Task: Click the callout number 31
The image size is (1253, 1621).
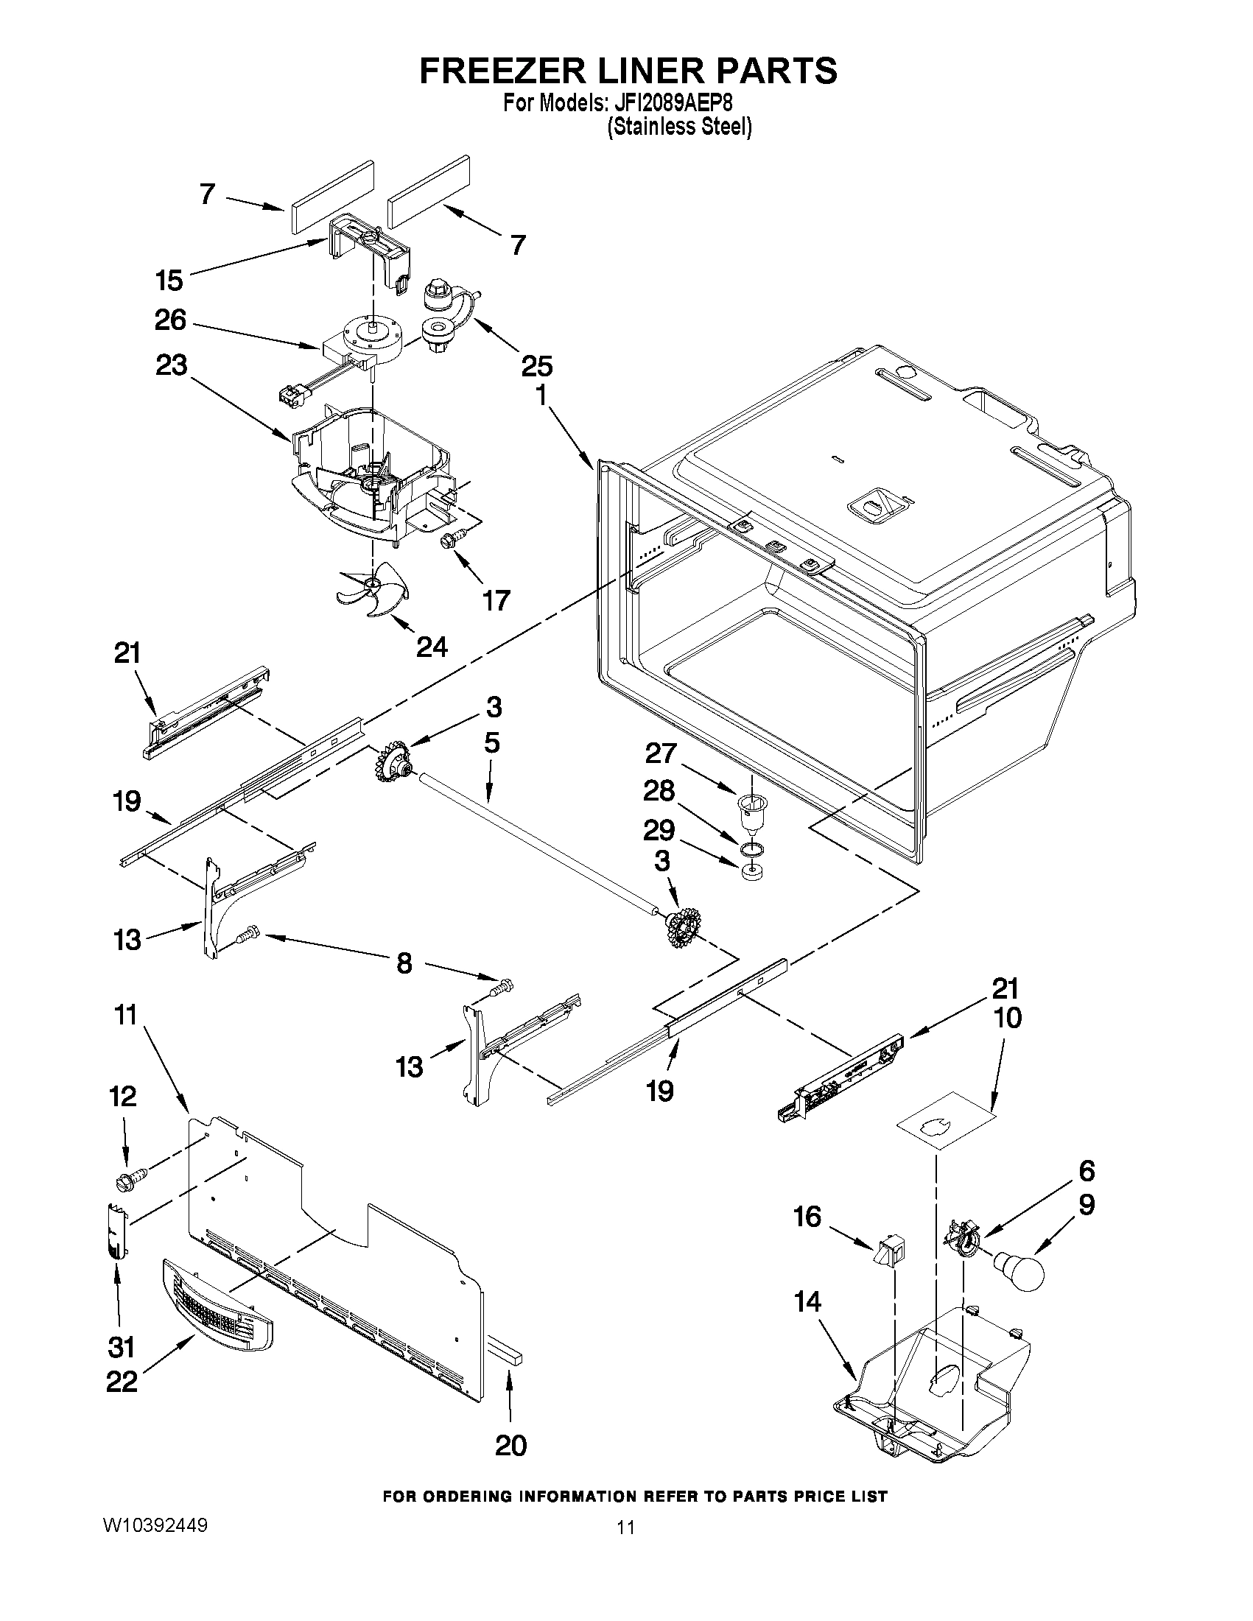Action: coord(121,1346)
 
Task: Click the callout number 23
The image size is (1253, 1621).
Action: coord(171,365)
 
